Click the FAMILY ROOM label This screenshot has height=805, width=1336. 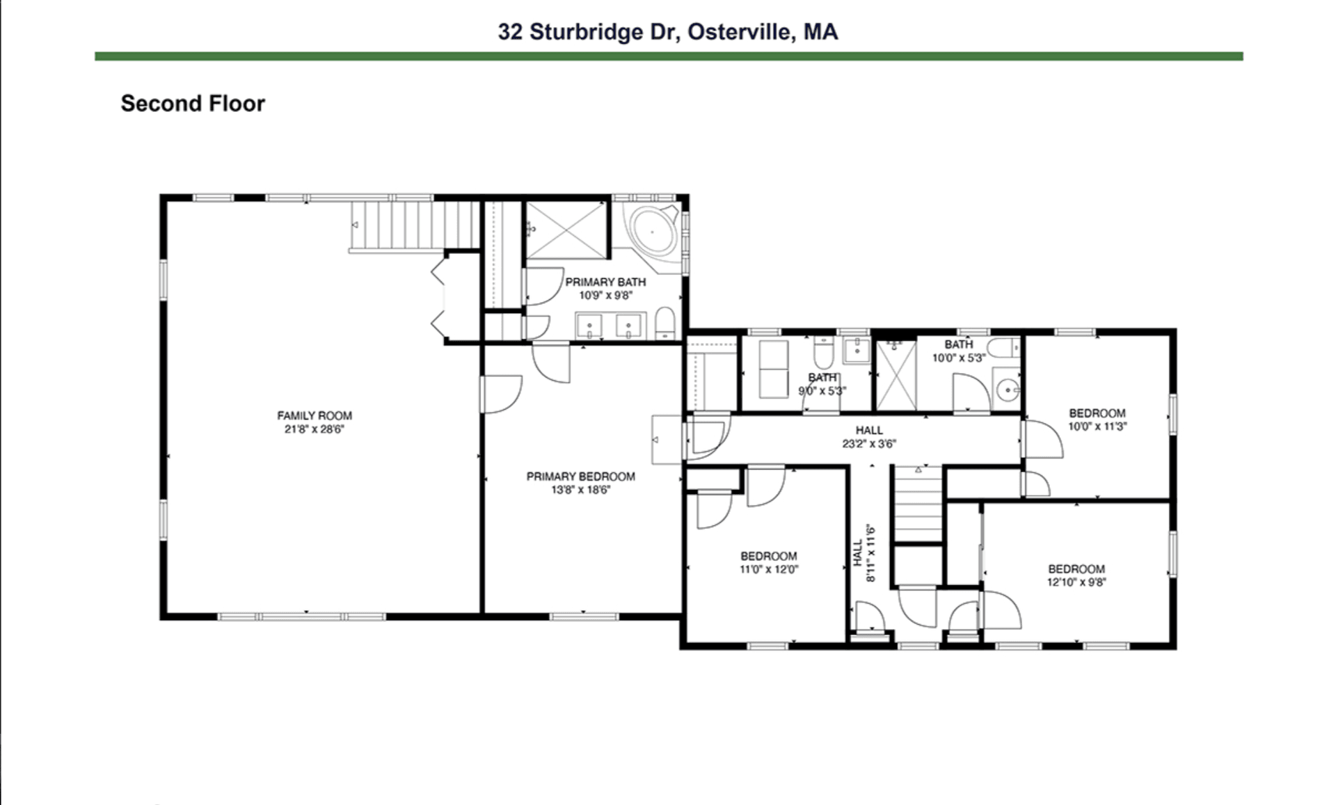[315, 415]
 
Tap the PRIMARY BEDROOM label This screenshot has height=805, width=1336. [580, 477]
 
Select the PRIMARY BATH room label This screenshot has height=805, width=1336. [605, 282]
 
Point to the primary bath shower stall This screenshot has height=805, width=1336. [566, 230]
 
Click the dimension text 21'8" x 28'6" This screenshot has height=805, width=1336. [315, 429]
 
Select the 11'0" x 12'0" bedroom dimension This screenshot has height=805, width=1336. [769, 569]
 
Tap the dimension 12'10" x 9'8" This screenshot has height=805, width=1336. [1076, 582]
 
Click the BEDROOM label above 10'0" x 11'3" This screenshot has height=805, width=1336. [1097, 413]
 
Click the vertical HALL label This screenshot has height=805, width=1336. [864, 553]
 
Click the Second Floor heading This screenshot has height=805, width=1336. [193, 104]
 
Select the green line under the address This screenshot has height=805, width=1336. [669, 56]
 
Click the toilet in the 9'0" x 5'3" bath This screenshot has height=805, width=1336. [823, 353]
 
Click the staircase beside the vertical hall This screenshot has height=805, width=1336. [918, 504]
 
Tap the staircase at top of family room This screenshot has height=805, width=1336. [415, 225]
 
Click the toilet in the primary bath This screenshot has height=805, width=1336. [665, 324]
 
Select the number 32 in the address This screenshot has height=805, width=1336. [510, 32]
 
